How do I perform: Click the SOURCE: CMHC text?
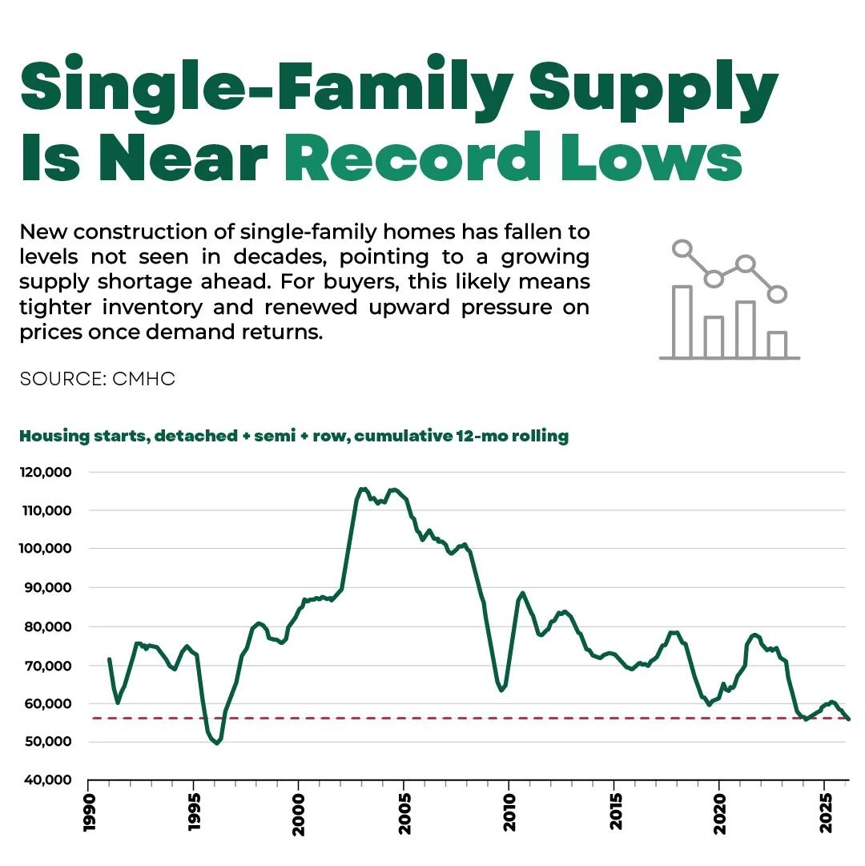pos(97,379)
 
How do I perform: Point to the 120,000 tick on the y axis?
pos(46,472)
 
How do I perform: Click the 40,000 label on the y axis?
pos(46,780)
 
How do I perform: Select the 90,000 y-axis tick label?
pos(46,587)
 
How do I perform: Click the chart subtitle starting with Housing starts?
pos(294,437)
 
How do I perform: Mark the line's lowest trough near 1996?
pos(216,743)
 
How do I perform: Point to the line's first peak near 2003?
pos(363,489)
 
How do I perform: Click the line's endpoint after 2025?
pos(848,719)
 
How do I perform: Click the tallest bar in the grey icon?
pos(682,321)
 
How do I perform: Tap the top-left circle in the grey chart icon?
pos(682,248)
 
